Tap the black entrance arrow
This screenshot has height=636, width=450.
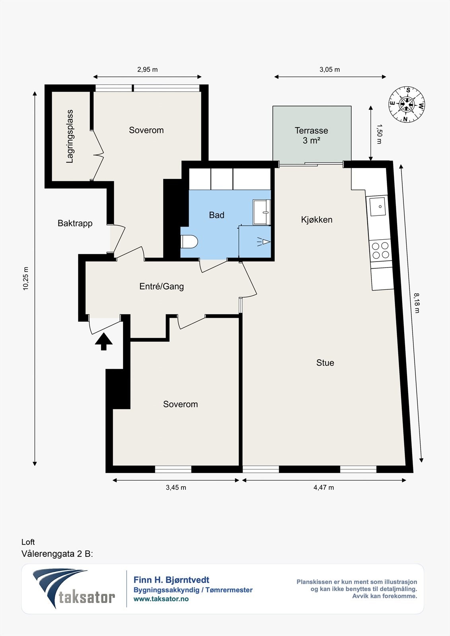pyautogui.click(x=103, y=341)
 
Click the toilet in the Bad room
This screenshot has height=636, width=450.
pyautogui.click(x=189, y=241)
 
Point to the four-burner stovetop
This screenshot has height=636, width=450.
pyautogui.click(x=381, y=250)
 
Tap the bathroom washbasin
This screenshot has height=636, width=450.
pyautogui.click(x=261, y=212)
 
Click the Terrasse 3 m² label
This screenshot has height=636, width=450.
pyautogui.click(x=311, y=136)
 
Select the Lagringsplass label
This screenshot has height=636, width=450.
pyautogui.click(x=70, y=136)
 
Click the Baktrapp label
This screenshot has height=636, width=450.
pyautogui.click(x=75, y=223)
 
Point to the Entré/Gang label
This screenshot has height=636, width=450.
pyautogui.click(x=162, y=286)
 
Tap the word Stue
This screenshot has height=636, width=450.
pyautogui.click(x=325, y=363)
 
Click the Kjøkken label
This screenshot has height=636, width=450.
pyautogui.click(x=317, y=219)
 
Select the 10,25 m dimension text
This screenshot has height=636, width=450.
pyautogui.click(x=26, y=278)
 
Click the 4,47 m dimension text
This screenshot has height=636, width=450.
pyautogui.click(x=324, y=487)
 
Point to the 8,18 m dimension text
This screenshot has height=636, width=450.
pyautogui.click(x=417, y=303)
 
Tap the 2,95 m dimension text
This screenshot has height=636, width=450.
pyautogui.click(x=148, y=70)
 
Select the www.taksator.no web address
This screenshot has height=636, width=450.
pyautogui.click(x=161, y=599)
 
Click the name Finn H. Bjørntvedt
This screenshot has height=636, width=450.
pyautogui.click(x=171, y=580)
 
